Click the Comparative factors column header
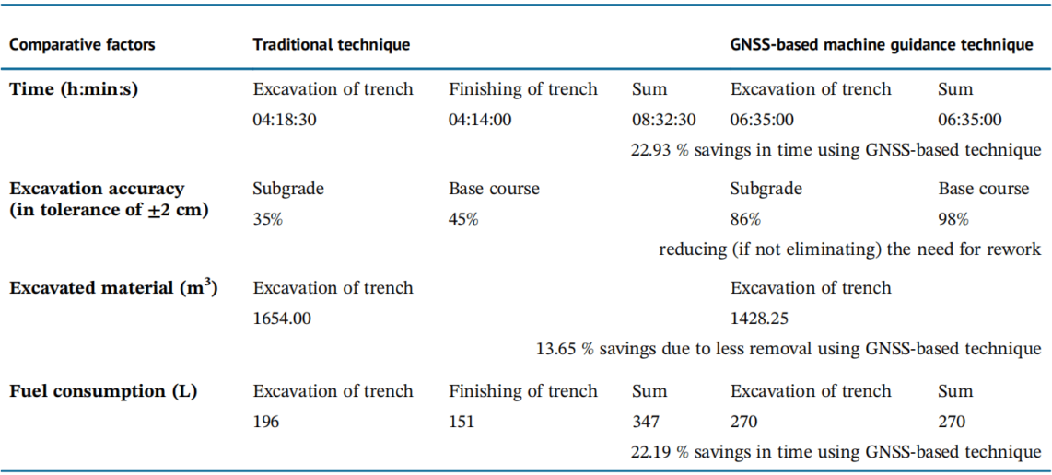click(82, 44)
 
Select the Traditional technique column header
click(332, 44)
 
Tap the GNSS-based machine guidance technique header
click(881, 44)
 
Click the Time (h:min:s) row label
click(74, 89)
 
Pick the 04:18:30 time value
click(285, 120)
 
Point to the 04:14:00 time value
click(480, 120)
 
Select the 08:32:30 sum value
click(663, 120)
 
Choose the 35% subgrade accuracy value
click(268, 219)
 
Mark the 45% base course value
click(463, 219)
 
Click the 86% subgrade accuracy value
click(746, 219)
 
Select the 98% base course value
click(953, 219)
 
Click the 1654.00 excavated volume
click(282, 319)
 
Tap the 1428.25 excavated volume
click(759, 319)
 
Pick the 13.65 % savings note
click(789, 348)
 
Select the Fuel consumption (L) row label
click(102, 391)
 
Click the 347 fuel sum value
click(646, 422)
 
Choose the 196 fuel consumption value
click(266, 422)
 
